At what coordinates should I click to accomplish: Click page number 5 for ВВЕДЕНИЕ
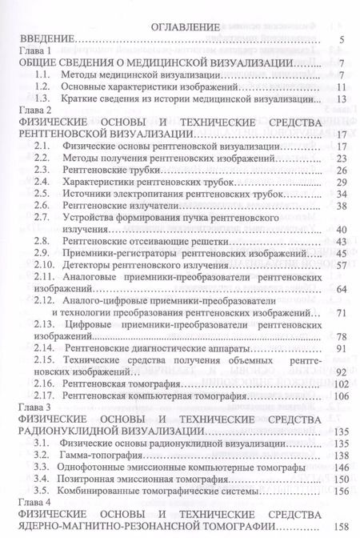pos(342,39)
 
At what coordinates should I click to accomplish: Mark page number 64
pos(338,289)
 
